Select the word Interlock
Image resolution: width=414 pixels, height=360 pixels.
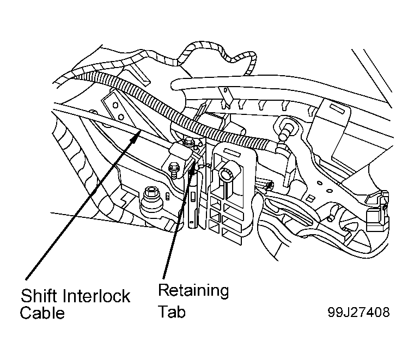click(x=96, y=296)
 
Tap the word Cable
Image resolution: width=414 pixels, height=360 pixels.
click(x=42, y=313)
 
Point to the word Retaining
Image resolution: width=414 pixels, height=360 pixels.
click(x=193, y=291)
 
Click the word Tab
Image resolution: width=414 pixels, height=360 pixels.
click(x=172, y=312)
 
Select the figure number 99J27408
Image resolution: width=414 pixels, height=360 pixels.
click(x=358, y=312)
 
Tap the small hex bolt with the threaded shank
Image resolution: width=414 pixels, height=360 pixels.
click(x=174, y=170)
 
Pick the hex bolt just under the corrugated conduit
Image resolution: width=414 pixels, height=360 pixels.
click(x=188, y=142)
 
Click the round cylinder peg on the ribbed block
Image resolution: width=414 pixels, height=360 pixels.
click(x=227, y=174)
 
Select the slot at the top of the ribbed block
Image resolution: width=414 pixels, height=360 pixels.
click(x=232, y=152)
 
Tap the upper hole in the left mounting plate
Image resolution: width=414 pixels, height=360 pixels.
click(x=115, y=105)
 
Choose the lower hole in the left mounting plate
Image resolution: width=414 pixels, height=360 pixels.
click(x=120, y=117)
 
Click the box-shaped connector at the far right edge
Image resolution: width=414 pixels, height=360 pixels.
click(x=377, y=209)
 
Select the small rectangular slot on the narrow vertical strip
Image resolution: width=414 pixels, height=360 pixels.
click(x=193, y=197)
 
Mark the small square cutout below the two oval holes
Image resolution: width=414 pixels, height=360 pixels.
click(x=310, y=198)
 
